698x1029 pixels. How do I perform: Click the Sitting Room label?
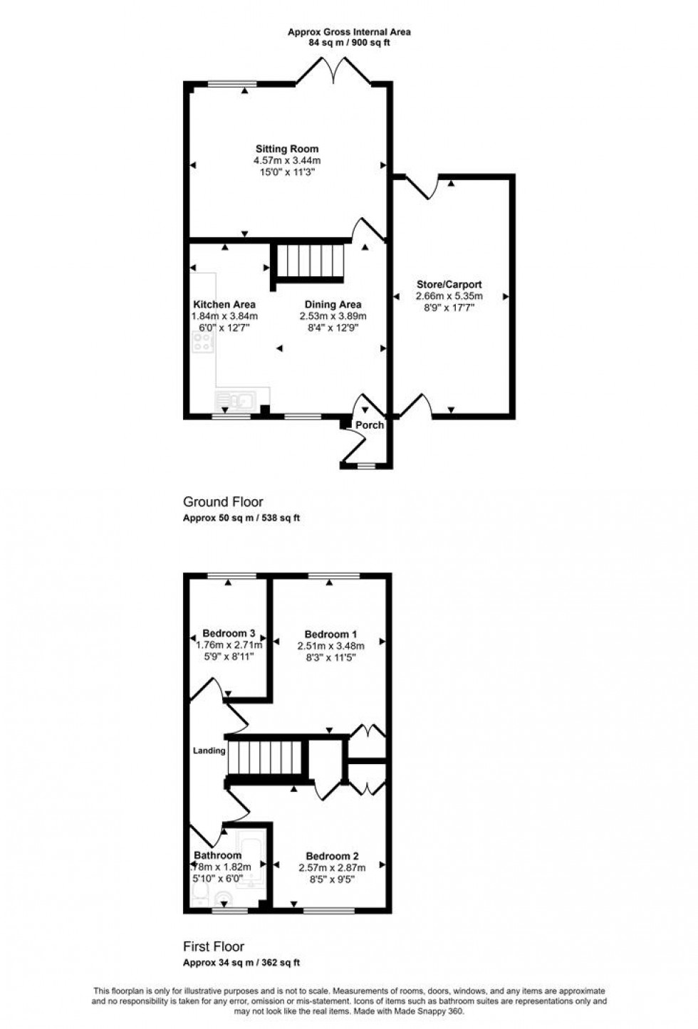point(287,149)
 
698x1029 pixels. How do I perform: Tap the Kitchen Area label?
point(224,305)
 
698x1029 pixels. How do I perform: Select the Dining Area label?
point(333,305)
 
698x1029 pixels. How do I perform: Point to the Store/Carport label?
point(449,285)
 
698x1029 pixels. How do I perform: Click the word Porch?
point(370,425)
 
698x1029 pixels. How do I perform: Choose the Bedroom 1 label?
point(330,634)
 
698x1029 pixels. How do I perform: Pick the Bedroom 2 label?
point(332,856)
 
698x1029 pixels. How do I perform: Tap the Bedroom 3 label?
point(229,633)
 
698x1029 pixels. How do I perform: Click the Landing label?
point(209,751)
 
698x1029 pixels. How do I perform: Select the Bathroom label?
point(218,855)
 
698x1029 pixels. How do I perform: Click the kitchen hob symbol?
point(203,343)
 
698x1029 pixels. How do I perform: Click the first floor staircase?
point(266,757)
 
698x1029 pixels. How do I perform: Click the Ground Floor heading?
point(223,502)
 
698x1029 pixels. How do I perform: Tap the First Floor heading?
point(214,946)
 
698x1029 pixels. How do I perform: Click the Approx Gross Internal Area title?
point(349,32)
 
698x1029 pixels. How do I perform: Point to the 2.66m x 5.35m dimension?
point(449,296)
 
